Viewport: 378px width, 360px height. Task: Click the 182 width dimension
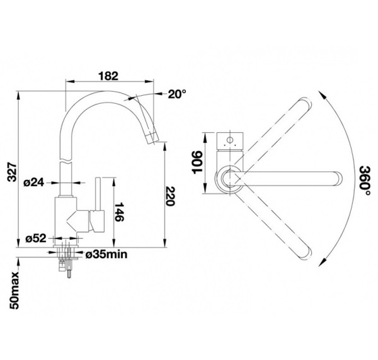point(108,76)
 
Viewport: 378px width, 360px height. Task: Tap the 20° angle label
point(177,94)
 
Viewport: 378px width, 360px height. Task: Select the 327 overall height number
point(12,172)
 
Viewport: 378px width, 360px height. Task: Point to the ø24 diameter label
point(34,183)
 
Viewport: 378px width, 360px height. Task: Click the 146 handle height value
point(119,212)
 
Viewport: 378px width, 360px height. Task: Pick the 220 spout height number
point(169,196)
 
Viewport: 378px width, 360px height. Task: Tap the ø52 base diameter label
point(36,239)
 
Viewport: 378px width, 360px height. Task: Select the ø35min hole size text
point(106,254)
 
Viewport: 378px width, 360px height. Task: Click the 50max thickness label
point(14,291)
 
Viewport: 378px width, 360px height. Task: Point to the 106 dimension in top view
point(197,162)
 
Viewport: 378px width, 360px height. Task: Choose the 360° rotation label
point(365,181)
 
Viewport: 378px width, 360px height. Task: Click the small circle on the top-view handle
point(230,140)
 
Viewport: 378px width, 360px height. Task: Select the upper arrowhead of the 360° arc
point(322,94)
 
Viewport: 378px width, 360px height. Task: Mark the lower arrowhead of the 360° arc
point(322,262)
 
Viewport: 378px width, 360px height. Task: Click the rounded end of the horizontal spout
point(338,179)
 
